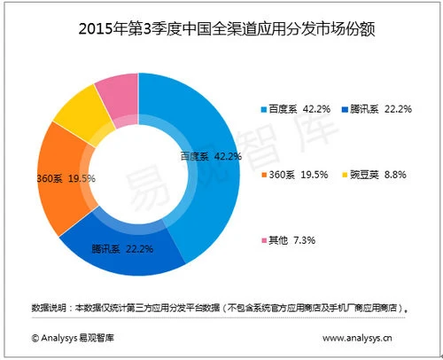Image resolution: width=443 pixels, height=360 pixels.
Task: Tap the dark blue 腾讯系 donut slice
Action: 124,253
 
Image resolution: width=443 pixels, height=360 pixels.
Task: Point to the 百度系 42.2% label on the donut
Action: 211,156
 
